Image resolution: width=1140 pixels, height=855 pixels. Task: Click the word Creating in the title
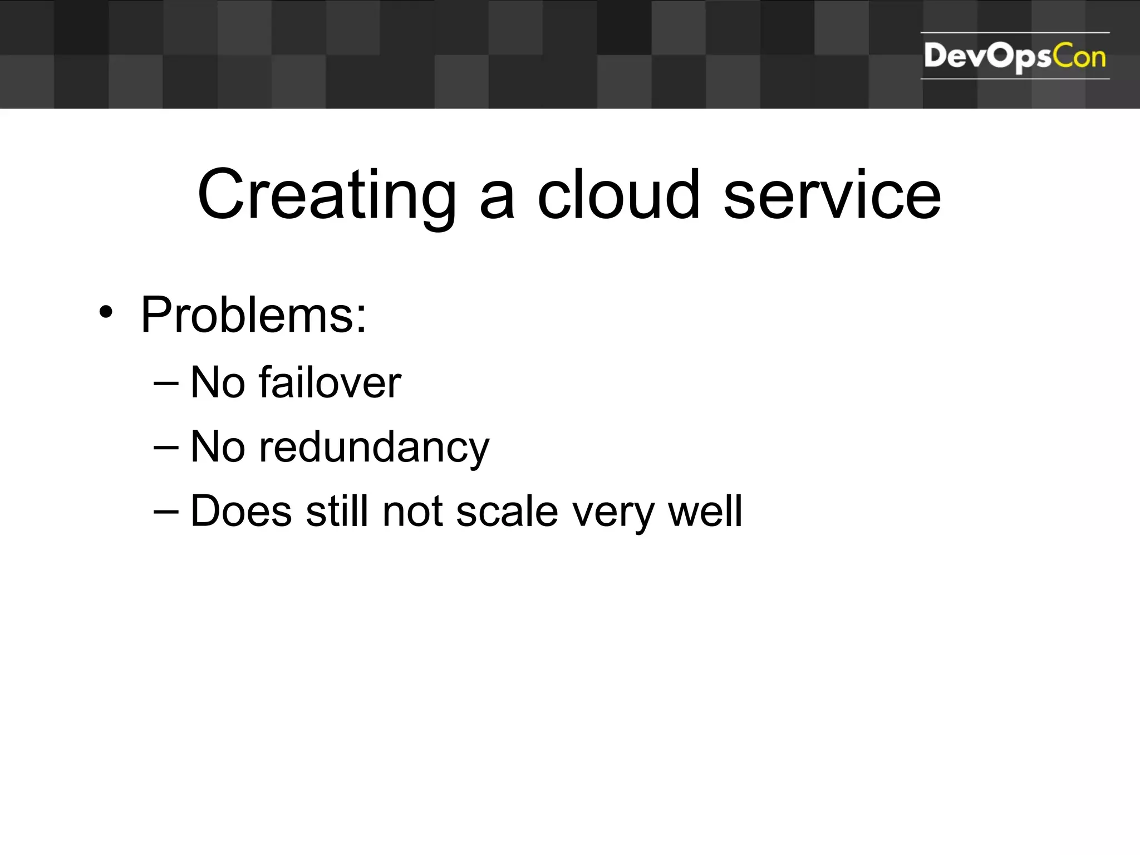327,196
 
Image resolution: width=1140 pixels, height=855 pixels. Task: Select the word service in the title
832,196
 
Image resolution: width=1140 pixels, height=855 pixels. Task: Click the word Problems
254,315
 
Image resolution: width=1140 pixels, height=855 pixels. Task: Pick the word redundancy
374,448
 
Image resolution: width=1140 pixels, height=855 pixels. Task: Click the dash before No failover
166,383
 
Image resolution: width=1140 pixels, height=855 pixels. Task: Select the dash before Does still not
166,512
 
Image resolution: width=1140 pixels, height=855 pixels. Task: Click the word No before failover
218,383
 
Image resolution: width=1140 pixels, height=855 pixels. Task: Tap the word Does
240,511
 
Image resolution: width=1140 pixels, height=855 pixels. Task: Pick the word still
337,511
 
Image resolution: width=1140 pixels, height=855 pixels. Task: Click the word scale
507,512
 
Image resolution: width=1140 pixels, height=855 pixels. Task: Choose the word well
705,511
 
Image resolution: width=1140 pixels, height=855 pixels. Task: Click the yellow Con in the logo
1079,57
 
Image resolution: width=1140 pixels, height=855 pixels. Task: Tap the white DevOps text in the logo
988,57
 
